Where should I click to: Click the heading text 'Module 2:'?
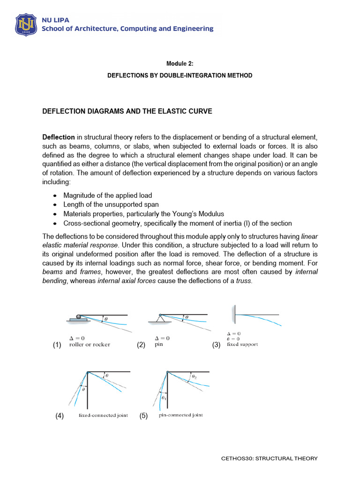click(180, 63)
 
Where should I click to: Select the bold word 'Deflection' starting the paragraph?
click(59, 137)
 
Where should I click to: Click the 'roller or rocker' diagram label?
click(90, 345)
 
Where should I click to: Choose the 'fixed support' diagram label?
click(242, 345)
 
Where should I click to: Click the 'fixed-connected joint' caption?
click(103, 416)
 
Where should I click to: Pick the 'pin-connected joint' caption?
click(181, 415)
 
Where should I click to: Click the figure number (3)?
click(216, 345)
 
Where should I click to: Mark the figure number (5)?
click(143, 416)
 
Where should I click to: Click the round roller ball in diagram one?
click(79, 317)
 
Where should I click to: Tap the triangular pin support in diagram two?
click(159, 319)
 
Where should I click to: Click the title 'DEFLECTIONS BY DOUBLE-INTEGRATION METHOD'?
click(180, 75)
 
